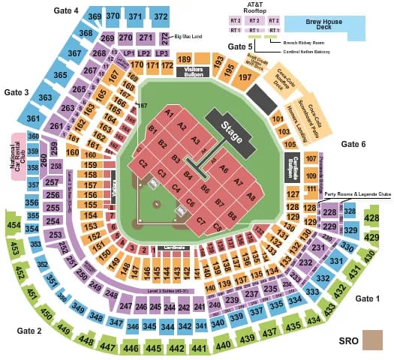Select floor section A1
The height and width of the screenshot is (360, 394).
[169, 113]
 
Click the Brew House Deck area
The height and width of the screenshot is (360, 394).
[324, 26]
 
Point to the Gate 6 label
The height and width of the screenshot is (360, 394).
[353, 144]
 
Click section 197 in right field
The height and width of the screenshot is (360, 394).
[244, 77]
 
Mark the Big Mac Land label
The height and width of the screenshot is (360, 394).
[190, 35]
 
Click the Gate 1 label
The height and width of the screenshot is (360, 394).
[367, 298]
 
